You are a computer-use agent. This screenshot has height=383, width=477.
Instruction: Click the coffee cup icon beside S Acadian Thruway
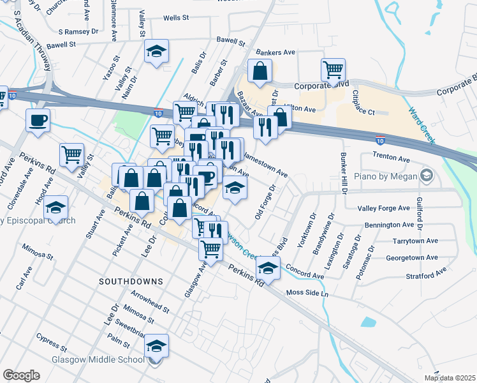38,119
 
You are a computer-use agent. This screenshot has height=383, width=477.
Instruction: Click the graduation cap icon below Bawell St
156,51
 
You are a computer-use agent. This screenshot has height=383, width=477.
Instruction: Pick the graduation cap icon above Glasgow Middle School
156,345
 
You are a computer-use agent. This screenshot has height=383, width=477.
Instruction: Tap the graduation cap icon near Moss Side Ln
268,268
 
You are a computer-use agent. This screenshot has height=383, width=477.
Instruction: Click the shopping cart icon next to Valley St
71,154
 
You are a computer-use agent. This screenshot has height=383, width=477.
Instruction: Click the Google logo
20,375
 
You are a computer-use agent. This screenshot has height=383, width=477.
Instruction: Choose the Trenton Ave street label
393,157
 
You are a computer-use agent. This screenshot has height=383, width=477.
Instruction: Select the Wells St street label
176,19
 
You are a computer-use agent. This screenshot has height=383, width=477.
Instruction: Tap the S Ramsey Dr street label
79,31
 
